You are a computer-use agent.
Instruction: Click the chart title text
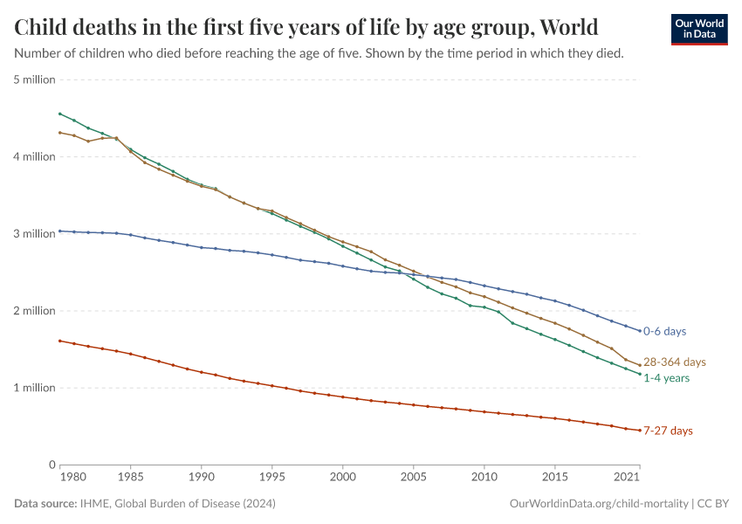306,27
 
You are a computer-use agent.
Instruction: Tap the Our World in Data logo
698,29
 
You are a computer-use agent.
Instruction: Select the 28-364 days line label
674,362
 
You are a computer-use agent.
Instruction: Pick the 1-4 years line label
667,378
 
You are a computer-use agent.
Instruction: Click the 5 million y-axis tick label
35,79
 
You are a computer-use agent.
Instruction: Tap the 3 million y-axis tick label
35,234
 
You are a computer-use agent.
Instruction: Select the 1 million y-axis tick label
35,388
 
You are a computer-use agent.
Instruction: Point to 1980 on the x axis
74,478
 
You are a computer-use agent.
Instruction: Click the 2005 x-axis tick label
413,478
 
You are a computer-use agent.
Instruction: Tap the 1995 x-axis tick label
272,478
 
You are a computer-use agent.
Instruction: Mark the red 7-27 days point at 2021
639,430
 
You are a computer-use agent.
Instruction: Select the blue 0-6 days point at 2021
639,331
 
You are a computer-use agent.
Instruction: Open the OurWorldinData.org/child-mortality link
599,504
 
